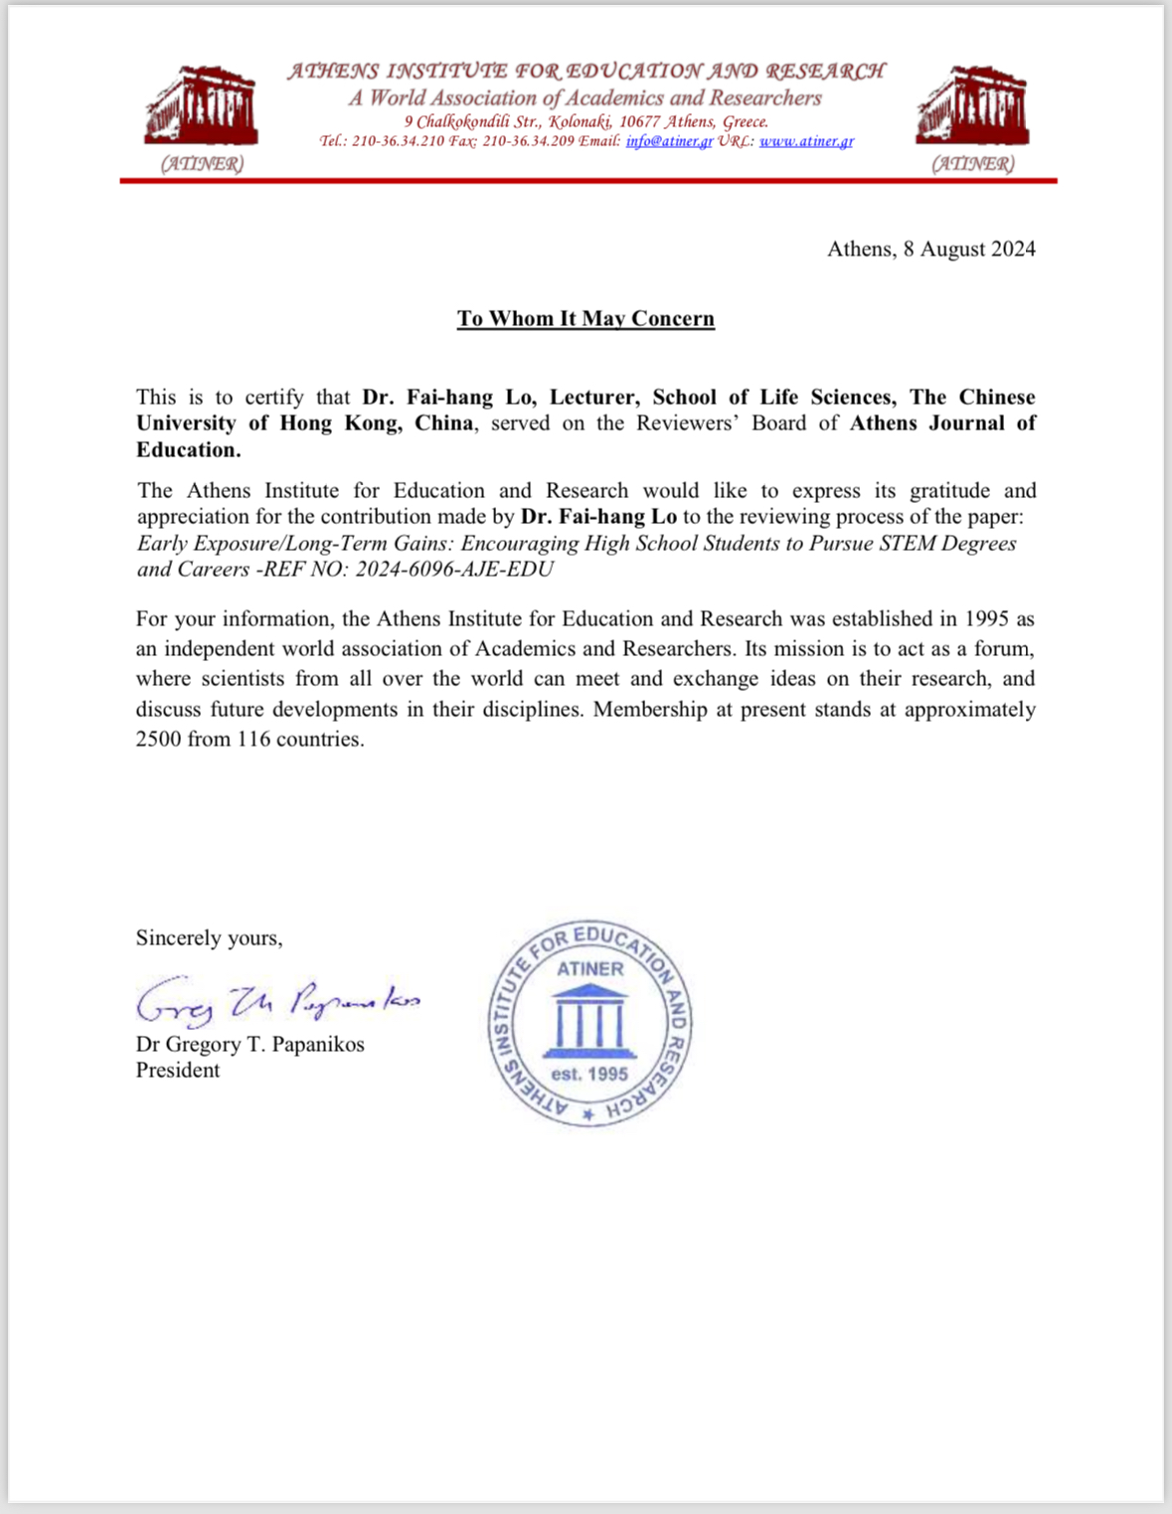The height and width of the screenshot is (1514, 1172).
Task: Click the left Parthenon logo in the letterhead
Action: (202, 107)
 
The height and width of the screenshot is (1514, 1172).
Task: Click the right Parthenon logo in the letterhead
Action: (972, 107)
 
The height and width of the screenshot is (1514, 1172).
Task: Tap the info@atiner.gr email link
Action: (669, 141)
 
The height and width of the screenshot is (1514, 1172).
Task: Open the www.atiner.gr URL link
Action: (806, 141)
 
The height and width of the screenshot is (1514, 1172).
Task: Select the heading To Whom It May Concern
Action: (586, 318)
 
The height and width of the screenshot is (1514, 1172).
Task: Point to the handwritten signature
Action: (277, 1001)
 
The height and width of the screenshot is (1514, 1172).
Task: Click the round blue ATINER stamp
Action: (589, 1023)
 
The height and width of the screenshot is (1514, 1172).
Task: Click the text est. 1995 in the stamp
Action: (589, 1074)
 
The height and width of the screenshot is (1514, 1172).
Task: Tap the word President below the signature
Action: (178, 1070)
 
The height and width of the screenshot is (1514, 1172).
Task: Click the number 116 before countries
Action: (254, 740)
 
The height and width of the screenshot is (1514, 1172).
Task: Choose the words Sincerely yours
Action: (209, 937)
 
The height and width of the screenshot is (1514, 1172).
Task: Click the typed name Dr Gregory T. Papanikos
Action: (251, 1044)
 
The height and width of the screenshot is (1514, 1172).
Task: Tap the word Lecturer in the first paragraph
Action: (592, 397)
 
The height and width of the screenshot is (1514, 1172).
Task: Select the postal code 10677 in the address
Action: (638, 121)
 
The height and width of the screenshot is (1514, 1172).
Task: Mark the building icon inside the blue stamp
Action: (589, 1020)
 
